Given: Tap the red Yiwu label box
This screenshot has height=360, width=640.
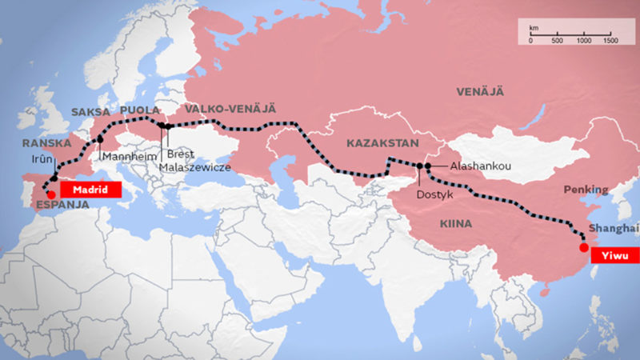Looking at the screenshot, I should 616,256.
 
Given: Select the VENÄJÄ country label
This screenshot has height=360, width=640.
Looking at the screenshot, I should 480,93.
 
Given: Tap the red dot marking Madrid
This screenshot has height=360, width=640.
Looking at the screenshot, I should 51,193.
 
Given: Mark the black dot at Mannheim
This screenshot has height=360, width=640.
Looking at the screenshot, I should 100,139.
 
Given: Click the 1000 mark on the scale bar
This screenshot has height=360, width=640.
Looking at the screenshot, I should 584,40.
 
